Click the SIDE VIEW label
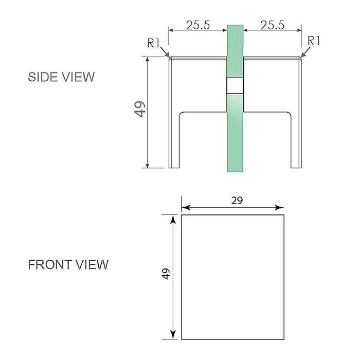coord(61,77)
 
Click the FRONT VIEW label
coord(68,265)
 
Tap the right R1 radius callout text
coord(314,41)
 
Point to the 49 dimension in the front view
coord(166,274)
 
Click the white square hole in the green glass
coord(235,86)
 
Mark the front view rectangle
coord(232,277)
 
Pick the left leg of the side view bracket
coord(174,139)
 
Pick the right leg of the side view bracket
coord(297,139)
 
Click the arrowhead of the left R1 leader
coord(167,56)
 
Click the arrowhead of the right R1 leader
coord(303,55)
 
